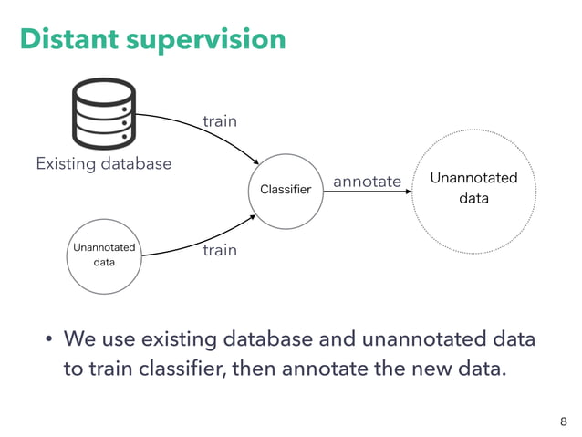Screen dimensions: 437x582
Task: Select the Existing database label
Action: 103,164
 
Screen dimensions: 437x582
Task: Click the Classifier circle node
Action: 286,190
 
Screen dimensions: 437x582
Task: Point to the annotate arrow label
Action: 367,182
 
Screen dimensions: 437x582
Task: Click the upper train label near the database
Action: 219,120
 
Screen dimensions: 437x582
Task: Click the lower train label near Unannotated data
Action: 219,249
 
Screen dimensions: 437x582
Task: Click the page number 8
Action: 563,421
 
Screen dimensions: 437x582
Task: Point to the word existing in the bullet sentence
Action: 173,341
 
